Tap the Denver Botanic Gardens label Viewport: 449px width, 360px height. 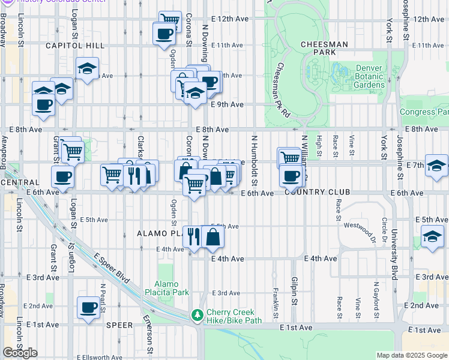(369, 76)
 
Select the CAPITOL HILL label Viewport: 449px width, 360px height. (74, 46)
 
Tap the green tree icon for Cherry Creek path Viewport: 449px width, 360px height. (197, 315)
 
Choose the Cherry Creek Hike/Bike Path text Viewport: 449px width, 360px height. (231, 316)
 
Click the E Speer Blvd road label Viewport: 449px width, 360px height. (112, 266)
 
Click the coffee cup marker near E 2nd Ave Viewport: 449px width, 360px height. (89, 308)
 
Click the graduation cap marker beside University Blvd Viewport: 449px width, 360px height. (432, 238)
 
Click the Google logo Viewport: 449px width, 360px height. (20, 353)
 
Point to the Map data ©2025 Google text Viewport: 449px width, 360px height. (412, 355)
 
